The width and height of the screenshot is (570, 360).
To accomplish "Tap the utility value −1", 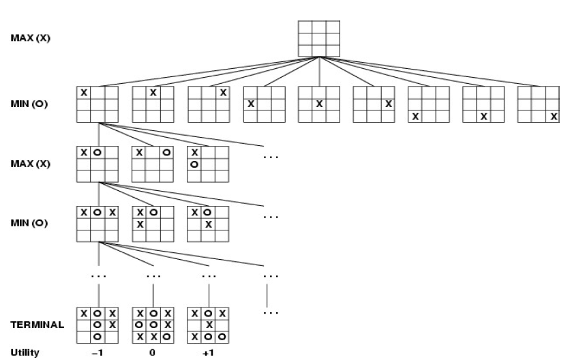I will click(100, 352).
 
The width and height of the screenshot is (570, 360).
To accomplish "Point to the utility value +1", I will click(210, 352).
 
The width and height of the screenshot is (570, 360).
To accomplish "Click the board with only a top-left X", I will click(97, 104).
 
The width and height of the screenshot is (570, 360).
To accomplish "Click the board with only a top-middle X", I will click(153, 104).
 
